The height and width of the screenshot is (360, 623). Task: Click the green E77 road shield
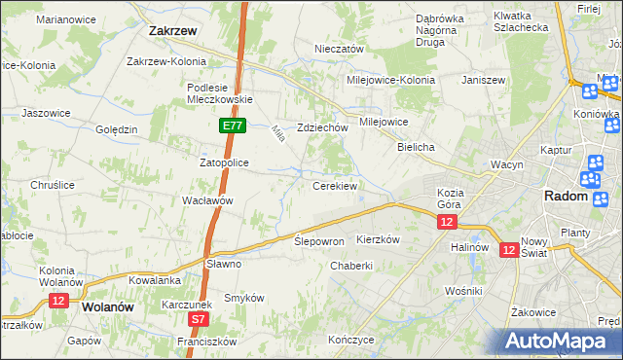point(232,126)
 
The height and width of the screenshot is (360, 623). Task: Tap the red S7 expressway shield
point(199,318)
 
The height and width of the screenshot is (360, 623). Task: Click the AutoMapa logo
point(561,341)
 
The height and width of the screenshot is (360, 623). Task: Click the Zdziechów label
point(323,127)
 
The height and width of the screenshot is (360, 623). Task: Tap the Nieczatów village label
point(339,49)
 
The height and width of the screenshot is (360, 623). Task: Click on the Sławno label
point(223,263)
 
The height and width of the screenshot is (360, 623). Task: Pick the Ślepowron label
point(319,240)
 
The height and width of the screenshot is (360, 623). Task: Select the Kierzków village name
point(379,239)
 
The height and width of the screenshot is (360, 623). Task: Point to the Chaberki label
point(351,266)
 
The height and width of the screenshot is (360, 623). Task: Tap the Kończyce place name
point(351,341)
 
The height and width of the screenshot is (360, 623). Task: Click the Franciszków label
point(207,342)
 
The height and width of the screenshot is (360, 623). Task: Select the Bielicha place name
point(416,146)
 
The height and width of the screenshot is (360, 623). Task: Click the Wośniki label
point(462,291)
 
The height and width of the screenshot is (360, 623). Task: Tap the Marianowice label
point(62,18)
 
